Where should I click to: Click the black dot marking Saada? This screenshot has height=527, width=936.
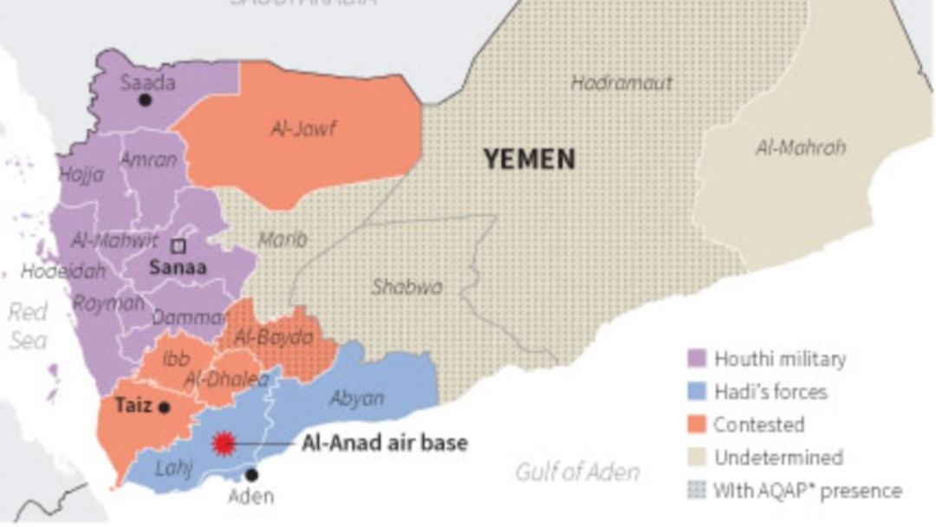pos(145,101)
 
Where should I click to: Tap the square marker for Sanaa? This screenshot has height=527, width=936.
pos(178,245)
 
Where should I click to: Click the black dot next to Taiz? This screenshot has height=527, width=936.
pos(164,407)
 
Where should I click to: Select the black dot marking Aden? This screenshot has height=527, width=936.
pos(251,474)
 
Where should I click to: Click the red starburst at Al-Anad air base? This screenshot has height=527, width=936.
pos(224,444)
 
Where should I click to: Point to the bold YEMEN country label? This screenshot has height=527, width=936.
pos(529,159)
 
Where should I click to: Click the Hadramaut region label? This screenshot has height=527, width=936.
pos(621,83)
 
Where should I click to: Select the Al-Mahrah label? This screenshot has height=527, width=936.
pos(800,147)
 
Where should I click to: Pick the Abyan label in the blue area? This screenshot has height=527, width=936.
pos(356,398)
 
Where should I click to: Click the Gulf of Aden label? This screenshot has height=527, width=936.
pos(577,472)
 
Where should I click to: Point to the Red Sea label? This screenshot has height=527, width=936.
pos(28,325)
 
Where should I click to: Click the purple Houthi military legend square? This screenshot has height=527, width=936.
pos(695,358)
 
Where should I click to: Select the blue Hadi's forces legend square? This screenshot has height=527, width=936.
pos(695,391)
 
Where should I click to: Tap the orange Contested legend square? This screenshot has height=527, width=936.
pos(695,424)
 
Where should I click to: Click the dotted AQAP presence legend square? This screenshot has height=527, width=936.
pos(695,490)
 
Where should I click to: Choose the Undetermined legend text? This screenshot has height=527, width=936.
pos(777,458)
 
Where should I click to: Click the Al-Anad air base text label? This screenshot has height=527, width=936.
pos(384,443)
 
